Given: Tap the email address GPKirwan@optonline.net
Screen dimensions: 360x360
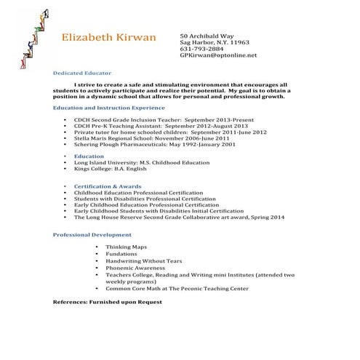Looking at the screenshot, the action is coord(218,55).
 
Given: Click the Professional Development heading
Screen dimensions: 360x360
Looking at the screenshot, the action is coord(92,235).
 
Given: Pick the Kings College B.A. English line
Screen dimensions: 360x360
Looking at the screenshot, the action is coord(110,169).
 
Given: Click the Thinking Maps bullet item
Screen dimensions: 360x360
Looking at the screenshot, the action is coord(126,247).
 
